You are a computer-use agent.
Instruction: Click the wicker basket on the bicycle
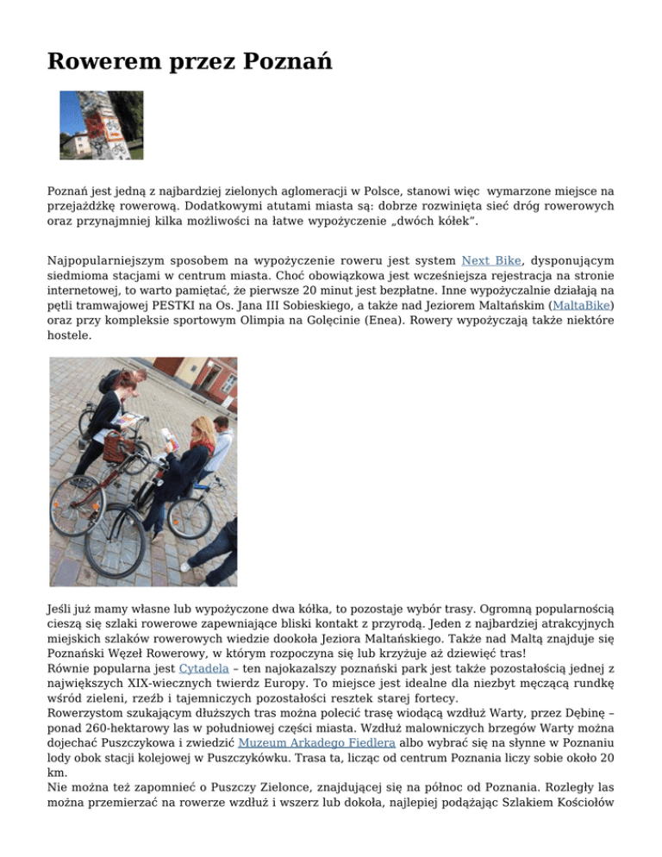[116, 447]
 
